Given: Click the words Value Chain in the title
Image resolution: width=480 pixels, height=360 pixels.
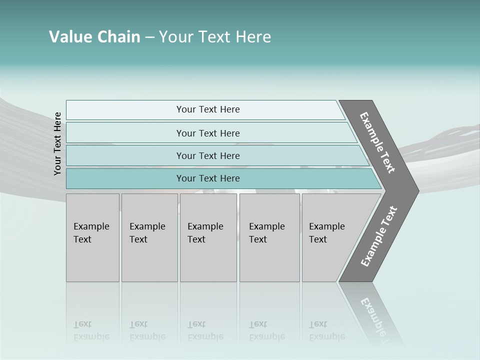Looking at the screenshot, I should [x=94, y=37].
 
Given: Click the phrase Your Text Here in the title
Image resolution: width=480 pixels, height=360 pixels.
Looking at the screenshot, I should [x=215, y=37].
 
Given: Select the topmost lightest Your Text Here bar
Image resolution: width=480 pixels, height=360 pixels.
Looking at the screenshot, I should [x=208, y=109].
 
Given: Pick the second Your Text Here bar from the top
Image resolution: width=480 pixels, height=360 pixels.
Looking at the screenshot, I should [x=208, y=133].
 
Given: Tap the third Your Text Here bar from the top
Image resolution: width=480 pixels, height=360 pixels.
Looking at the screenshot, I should [x=208, y=155].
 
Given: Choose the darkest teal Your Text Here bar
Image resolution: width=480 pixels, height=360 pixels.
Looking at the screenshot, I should [x=208, y=178].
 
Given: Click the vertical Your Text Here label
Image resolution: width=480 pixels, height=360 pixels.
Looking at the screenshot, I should [x=57, y=143].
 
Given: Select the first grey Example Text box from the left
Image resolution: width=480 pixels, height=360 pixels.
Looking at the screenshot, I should [x=92, y=237].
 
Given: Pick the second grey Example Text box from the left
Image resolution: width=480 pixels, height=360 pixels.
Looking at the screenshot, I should [x=149, y=237].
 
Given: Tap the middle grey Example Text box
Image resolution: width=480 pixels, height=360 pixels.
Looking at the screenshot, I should [x=208, y=237].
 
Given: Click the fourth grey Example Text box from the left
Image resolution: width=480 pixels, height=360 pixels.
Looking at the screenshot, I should [x=269, y=237].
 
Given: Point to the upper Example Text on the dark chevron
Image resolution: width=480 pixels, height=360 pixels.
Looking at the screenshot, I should [x=377, y=142].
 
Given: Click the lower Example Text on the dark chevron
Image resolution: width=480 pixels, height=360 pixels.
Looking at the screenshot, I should [x=378, y=236].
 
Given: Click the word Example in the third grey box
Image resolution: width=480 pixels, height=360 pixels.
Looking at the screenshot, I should [x=205, y=226].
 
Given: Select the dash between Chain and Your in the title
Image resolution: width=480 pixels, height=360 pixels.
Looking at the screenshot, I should [x=149, y=37].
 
